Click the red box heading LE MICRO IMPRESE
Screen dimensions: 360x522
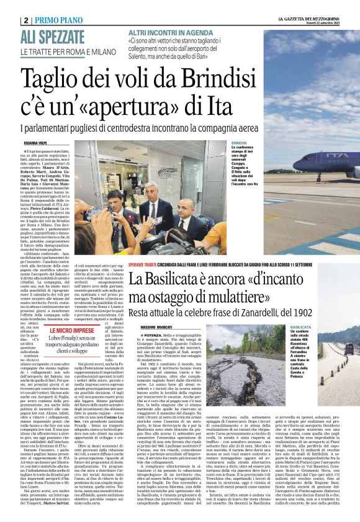(x=72, y=331)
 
